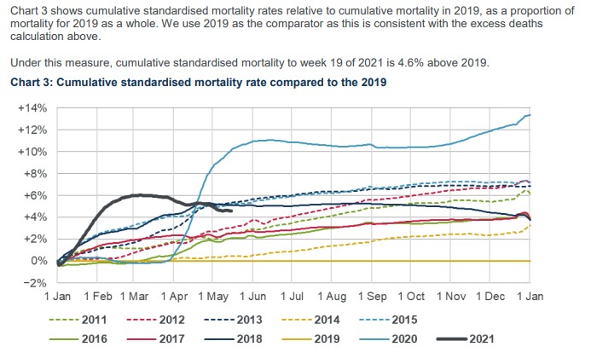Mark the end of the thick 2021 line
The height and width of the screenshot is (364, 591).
(232, 211)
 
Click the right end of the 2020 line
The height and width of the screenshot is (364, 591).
(530, 114)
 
